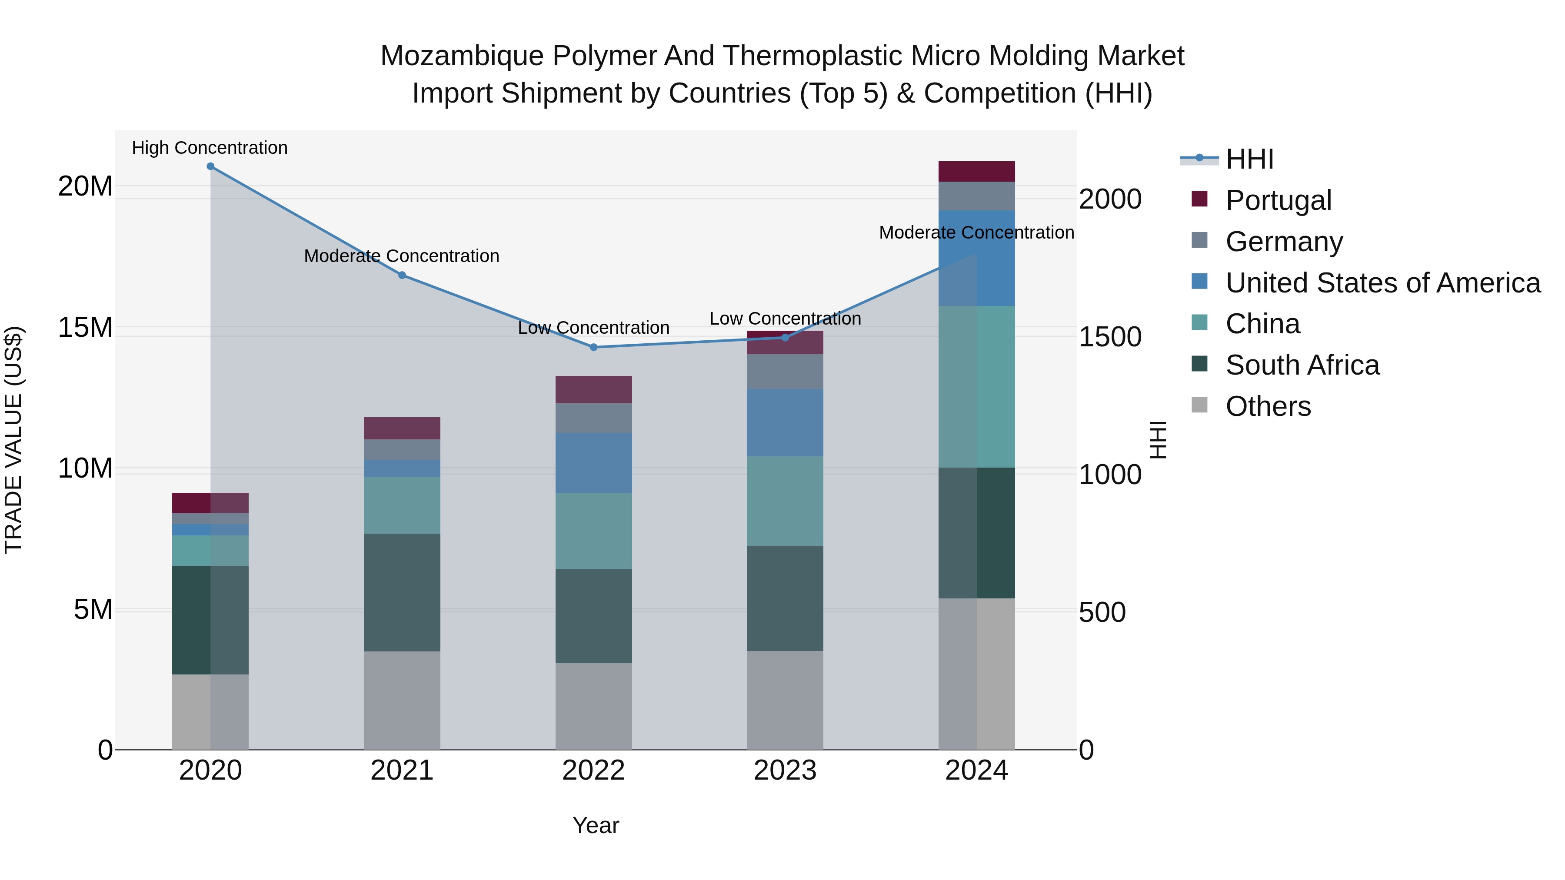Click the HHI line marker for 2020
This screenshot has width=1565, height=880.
tap(210, 166)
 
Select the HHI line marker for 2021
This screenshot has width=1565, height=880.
tap(402, 275)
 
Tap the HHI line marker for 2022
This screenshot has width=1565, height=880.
tap(593, 347)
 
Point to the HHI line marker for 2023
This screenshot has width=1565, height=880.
tap(785, 338)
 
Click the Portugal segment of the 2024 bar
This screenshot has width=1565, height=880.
tap(976, 172)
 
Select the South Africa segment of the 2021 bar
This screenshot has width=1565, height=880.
tap(402, 592)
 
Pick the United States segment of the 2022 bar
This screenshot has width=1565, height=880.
tap(593, 463)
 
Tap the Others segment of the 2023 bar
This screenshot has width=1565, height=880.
tap(785, 700)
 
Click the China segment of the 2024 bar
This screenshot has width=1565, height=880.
tap(976, 386)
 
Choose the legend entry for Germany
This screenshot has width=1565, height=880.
tap(1283, 242)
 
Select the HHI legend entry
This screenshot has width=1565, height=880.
tap(1249, 159)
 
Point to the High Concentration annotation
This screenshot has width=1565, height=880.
tap(210, 148)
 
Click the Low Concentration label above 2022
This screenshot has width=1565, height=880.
tap(593, 328)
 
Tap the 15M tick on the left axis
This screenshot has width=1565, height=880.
tap(85, 327)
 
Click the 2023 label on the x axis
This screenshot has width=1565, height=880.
tap(785, 770)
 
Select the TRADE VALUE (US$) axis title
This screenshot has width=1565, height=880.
tap(13, 440)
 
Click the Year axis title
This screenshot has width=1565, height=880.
tap(596, 825)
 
